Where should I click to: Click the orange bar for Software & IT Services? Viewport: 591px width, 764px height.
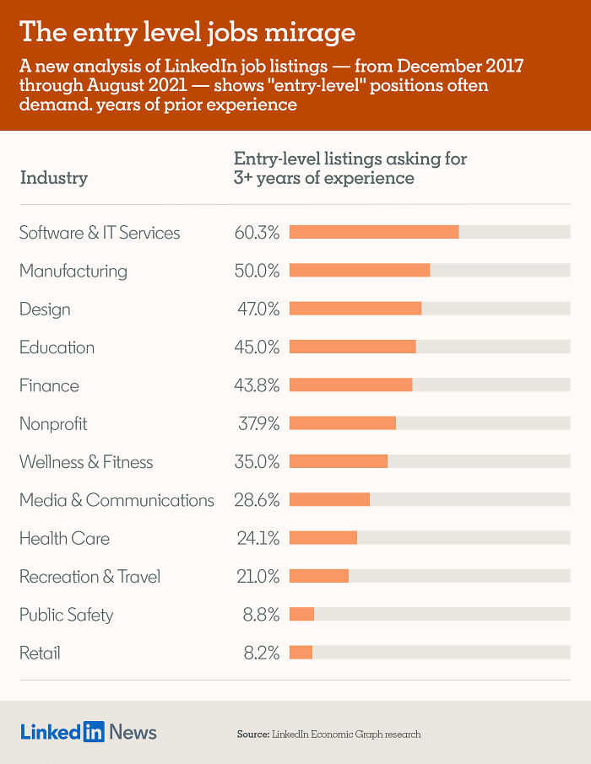click(x=374, y=232)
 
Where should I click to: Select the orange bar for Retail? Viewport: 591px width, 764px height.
click(x=301, y=653)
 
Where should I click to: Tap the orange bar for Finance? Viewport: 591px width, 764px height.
click(x=350, y=385)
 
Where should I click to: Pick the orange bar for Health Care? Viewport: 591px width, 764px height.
click(x=323, y=538)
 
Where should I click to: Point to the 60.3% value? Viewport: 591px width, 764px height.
click(x=257, y=233)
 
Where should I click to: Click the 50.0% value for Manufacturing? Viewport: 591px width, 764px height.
click(x=257, y=271)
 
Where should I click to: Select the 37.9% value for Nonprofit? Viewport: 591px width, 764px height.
click(x=257, y=424)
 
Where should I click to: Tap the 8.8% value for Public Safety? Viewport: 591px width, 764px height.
click(x=261, y=615)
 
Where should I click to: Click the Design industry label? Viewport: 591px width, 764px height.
click(x=45, y=309)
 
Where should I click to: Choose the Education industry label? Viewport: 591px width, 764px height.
click(x=57, y=347)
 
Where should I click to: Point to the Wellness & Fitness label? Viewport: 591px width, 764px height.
click(x=86, y=462)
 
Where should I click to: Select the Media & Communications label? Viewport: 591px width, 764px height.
click(x=117, y=500)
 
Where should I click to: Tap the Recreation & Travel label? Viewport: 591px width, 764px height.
click(x=89, y=577)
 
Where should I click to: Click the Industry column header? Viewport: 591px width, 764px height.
click(x=53, y=178)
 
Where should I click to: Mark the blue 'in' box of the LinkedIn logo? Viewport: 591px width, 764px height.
click(x=94, y=731)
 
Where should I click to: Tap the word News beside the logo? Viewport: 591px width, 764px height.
click(x=133, y=732)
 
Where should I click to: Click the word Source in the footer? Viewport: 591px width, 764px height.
click(x=252, y=734)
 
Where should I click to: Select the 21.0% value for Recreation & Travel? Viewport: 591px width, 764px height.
click(x=258, y=577)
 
